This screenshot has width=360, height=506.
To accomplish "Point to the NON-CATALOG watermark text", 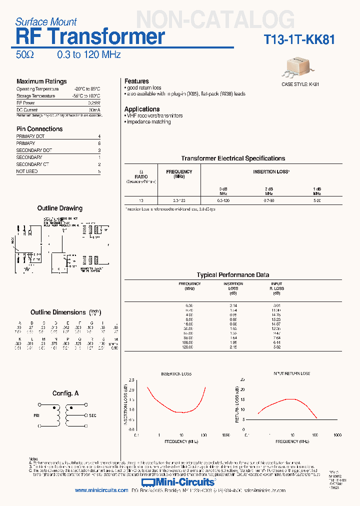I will [215, 20].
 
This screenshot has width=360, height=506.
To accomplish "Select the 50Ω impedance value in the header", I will [25, 55].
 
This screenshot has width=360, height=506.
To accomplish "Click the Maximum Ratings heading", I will [41, 81].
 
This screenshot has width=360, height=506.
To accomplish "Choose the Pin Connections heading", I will [39, 129].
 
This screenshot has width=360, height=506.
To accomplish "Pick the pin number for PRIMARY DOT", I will [99, 136].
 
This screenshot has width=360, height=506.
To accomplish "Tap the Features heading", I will [136, 81].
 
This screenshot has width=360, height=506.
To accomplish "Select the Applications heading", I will [142, 109].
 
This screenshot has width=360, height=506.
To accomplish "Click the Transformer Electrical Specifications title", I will [233, 158].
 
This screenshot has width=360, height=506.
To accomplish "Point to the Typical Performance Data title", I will [233, 275].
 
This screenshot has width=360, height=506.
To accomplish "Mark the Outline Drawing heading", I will [60, 208].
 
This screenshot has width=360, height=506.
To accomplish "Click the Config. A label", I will [65, 393].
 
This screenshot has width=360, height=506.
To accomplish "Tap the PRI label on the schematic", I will [36, 415].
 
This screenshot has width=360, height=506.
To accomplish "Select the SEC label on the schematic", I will [92, 415].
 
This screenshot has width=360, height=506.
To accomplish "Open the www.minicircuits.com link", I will [101, 490].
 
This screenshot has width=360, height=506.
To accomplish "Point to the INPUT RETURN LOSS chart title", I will [291, 373].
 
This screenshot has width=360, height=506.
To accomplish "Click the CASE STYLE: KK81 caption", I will [300, 84].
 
